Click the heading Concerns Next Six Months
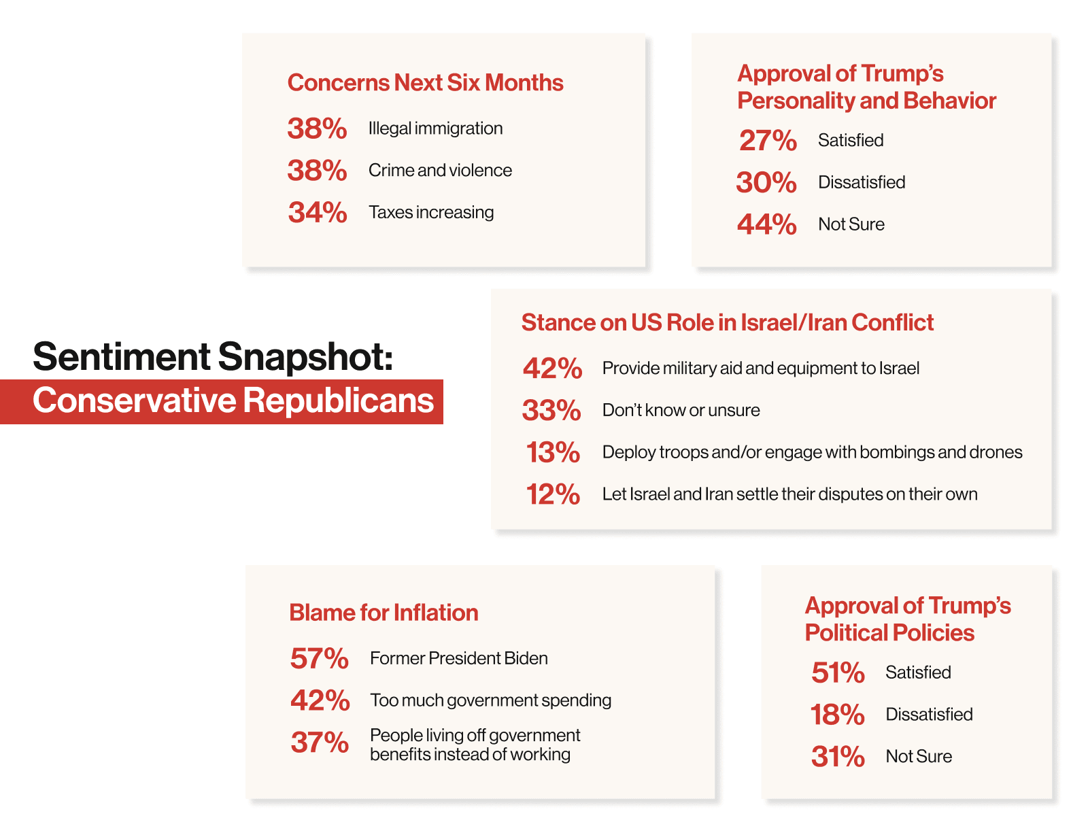pos(425,82)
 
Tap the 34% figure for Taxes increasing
pos(318,212)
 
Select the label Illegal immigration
pos(436,129)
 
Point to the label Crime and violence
pos(440,170)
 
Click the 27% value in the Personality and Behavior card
pos(768,140)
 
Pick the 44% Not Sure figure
pos(766,224)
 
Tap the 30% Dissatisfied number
pos(766,182)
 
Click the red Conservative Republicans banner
pos(221,401)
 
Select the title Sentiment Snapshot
pos(213,356)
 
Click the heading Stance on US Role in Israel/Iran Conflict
pos(728,322)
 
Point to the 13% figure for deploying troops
pos(553,452)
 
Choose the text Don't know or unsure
pos(681,411)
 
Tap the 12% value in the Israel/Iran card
pos(553,494)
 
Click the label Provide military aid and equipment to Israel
pos(760,369)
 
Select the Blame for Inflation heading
pos(384,613)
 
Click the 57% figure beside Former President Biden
pos(319,658)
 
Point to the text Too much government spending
pos(491,700)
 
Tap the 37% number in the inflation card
pos(320,743)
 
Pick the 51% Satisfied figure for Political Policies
pos(838,672)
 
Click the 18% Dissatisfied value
pos(837,715)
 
